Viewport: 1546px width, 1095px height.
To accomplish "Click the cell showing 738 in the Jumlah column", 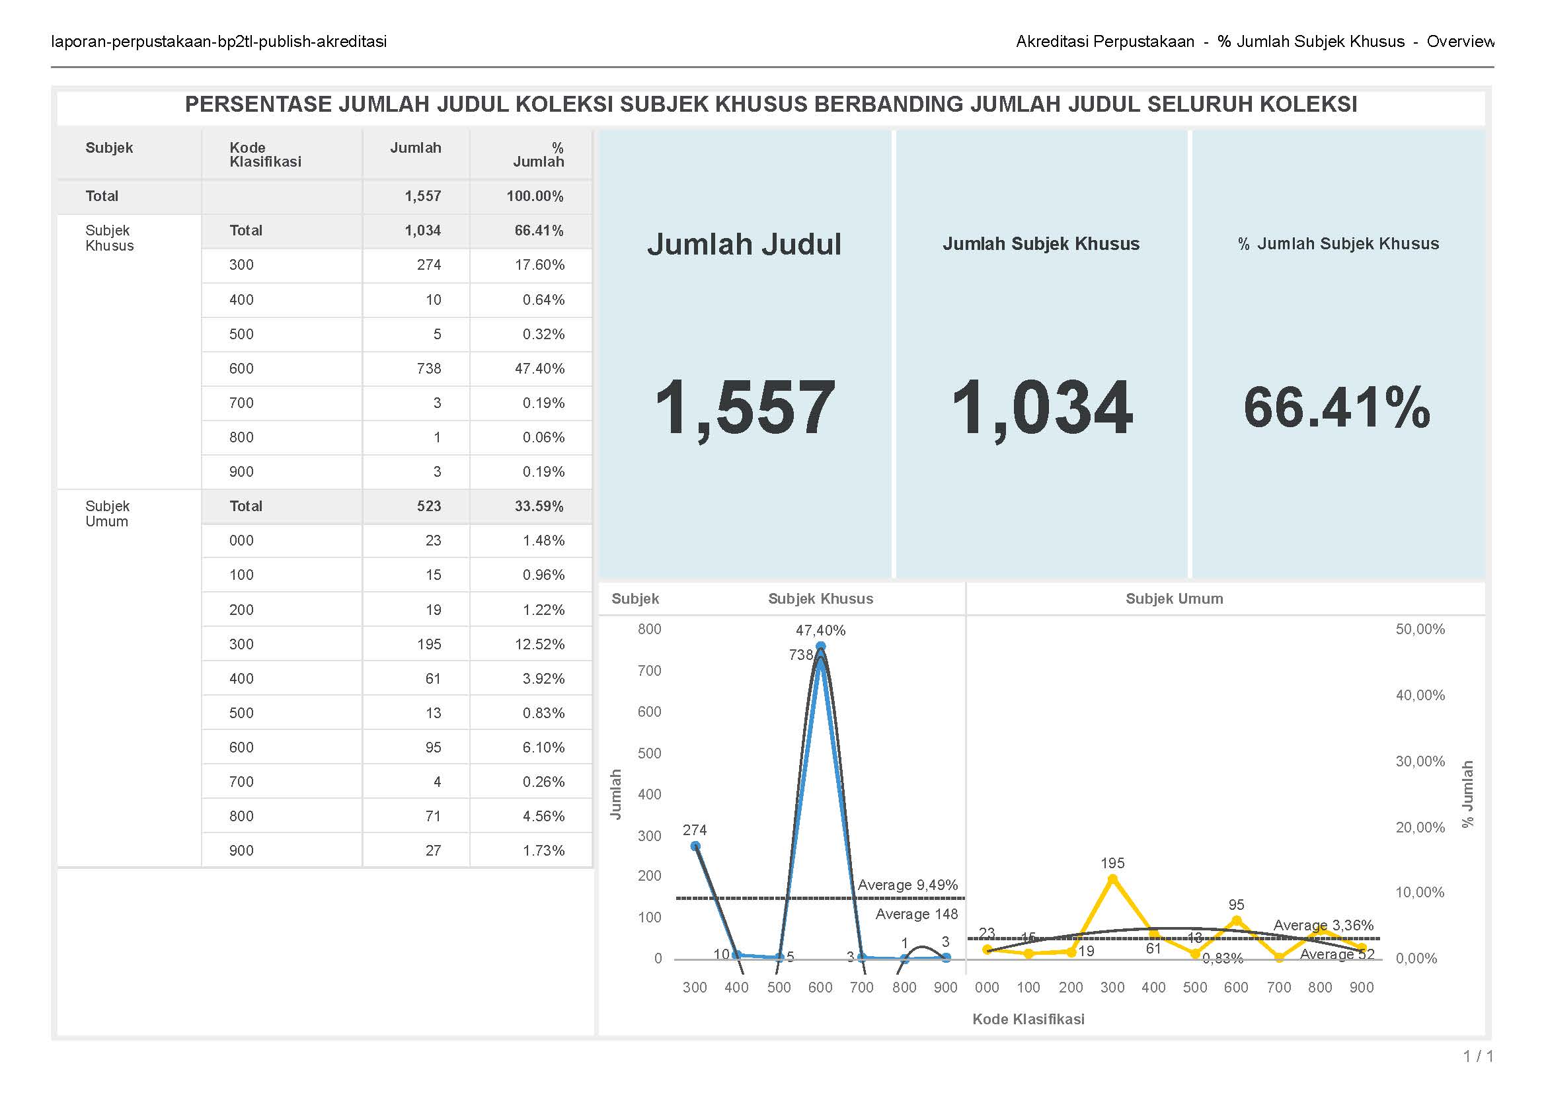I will [x=428, y=369].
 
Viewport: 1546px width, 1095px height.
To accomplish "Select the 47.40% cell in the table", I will [x=539, y=369].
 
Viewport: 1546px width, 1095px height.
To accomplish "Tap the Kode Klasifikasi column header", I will [x=265, y=155].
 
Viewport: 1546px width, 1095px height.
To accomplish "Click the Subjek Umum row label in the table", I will [x=107, y=514].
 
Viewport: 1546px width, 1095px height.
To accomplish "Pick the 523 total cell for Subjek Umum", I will [x=428, y=507].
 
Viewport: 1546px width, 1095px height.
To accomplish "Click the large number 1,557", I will [x=745, y=407].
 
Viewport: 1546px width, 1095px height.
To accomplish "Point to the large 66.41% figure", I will [x=1337, y=407].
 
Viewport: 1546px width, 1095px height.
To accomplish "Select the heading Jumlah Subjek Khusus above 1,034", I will [x=1040, y=244].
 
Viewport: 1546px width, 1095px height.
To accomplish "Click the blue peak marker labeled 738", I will [x=820, y=646].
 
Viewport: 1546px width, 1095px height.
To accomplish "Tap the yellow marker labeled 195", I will [x=1112, y=879].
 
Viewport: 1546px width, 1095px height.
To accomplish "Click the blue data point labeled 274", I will [x=695, y=846].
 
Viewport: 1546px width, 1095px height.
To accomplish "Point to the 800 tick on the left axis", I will [x=649, y=629].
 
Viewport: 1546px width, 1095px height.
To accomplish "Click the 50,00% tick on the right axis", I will [x=1420, y=629].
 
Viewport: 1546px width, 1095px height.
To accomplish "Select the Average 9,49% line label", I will [x=907, y=885].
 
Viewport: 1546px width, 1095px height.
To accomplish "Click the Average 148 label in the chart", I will [x=916, y=914].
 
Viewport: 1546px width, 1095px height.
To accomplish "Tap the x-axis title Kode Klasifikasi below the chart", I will [x=1028, y=1020].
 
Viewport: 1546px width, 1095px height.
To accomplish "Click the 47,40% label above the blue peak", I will [x=820, y=630].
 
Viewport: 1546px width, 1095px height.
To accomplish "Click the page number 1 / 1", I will [x=1478, y=1056].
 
